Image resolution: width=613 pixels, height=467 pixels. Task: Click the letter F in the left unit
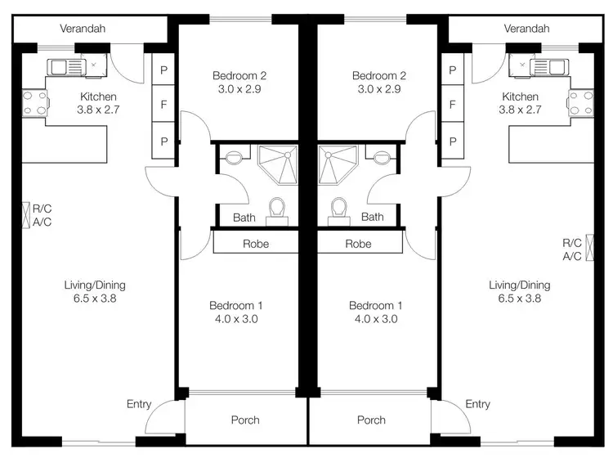(x=163, y=105)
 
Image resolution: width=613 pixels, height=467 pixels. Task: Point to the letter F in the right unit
(x=452, y=105)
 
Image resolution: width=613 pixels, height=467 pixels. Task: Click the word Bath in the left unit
(x=244, y=218)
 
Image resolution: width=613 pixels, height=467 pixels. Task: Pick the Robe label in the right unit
(x=358, y=244)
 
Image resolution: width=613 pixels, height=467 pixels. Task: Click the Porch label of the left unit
(x=244, y=420)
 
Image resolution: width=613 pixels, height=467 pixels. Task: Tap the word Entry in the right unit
(x=477, y=404)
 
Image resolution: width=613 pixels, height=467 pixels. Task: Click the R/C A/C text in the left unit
(x=42, y=215)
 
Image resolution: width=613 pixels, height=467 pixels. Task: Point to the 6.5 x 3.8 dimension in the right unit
(x=519, y=299)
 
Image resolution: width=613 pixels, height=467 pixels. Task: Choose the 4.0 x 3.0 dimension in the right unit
(x=373, y=320)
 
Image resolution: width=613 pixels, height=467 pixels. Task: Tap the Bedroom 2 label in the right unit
(x=378, y=76)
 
